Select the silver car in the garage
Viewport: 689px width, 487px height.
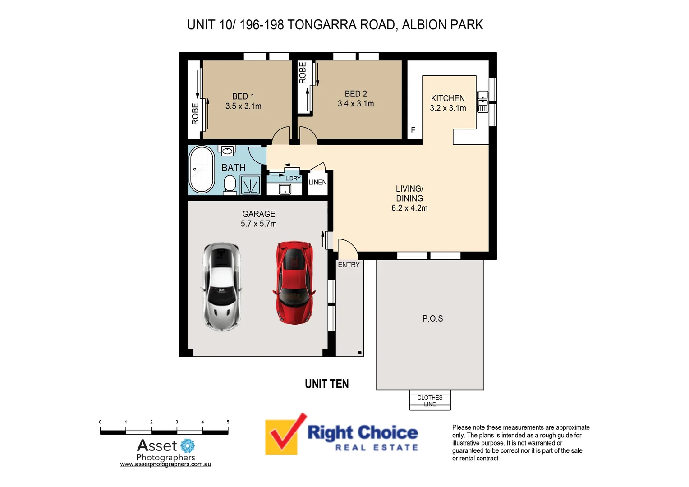click(221, 286)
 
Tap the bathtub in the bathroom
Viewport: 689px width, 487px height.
click(202, 170)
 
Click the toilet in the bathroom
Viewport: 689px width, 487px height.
click(230, 184)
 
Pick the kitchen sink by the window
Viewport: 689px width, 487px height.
click(482, 101)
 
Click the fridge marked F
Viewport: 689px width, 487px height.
click(413, 131)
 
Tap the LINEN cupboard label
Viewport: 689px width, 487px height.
click(317, 183)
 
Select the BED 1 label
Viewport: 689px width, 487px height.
click(243, 96)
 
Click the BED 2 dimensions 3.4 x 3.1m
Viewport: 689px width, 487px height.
click(356, 104)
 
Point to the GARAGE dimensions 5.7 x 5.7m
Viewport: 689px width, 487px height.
click(258, 224)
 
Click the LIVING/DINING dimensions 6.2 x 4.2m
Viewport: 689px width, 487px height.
click(409, 208)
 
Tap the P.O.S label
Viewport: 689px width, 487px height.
click(432, 318)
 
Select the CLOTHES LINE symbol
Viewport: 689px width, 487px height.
click(430, 400)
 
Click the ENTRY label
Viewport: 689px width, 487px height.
click(349, 265)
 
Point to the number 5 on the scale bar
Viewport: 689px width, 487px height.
click(228, 422)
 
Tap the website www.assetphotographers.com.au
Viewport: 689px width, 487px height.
click(165, 464)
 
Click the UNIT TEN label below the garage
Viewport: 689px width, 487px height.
click(326, 384)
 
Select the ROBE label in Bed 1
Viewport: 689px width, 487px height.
click(195, 114)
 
